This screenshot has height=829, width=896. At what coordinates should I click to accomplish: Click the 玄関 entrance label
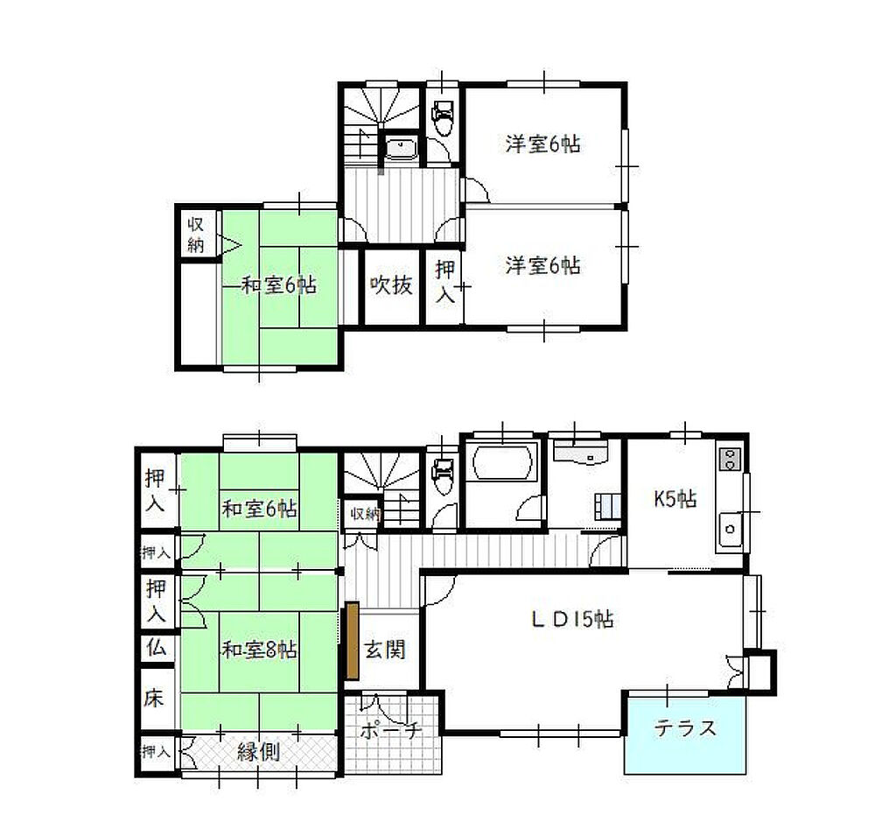[385, 650]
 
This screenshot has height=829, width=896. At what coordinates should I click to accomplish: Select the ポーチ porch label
[391, 731]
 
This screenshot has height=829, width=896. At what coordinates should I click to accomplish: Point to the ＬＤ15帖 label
[572, 619]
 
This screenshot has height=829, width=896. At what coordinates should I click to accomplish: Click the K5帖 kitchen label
[675, 499]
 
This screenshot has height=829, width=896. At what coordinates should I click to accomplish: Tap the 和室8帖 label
[259, 650]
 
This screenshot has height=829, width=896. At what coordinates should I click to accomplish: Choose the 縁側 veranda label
[258, 752]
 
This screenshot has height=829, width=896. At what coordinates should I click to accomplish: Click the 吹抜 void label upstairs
[391, 285]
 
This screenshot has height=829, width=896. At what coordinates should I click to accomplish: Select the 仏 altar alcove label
[156, 647]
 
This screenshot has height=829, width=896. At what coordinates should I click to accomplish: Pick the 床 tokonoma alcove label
[154, 698]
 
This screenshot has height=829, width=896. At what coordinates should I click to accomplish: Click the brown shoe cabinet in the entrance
[352, 640]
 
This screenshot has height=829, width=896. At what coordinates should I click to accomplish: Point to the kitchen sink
[730, 529]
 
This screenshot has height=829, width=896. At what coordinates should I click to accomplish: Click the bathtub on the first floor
[502, 460]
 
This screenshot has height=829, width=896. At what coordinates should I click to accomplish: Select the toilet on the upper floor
[442, 117]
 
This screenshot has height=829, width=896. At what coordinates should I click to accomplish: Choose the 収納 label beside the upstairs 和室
[195, 234]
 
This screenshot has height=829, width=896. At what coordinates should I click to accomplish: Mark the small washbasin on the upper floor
[401, 148]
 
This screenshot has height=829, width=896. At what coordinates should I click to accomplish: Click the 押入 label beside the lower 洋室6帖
[445, 281]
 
